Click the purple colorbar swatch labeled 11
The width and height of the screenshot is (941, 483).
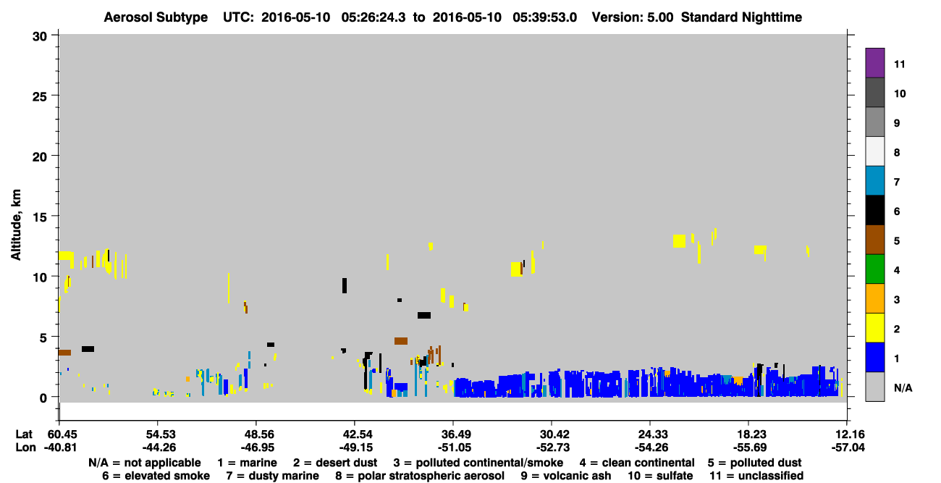(x=874, y=63)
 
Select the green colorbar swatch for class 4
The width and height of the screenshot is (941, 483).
(x=874, y=269)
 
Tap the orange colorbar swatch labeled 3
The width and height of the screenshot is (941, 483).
(x=874, y=298)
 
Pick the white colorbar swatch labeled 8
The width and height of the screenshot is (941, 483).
(x=874, y=151)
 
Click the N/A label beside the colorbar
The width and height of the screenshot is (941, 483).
(x=903, y=387)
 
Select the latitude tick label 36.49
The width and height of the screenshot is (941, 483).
(x=454, y=434)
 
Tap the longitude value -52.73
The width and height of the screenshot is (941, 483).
(x=553, y=448)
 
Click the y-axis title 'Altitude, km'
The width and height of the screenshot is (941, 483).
(x=16, y=225)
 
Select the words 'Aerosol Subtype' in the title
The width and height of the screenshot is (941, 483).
(x=156, y=17)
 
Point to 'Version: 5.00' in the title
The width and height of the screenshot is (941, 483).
(x=632, y=17)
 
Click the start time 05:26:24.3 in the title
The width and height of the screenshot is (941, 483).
(x=373, y=17)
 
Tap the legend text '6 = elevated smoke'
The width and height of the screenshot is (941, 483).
(x=156, y=476)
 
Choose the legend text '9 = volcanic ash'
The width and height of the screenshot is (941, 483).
(x=566, y=476)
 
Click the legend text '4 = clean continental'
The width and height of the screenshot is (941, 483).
(x=637, y=463)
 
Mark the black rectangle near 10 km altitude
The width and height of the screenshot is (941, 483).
(x=345, y=285)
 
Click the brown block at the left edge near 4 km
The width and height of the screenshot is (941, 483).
(x=64, y=352)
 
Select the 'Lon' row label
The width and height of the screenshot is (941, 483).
(x=25, y=448)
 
